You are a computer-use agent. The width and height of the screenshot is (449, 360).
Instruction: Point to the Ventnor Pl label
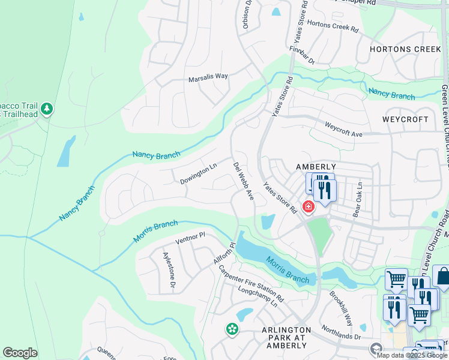190,241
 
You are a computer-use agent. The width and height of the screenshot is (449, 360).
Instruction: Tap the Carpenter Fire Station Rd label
251,283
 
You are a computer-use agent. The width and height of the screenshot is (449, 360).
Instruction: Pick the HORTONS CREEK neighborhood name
405,49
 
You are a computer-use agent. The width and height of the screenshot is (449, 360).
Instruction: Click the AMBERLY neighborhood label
315,166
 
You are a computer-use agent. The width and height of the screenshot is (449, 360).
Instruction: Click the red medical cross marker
309,207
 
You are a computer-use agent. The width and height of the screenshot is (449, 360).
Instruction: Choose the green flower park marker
231,329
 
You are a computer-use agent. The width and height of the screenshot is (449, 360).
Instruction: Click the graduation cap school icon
376,349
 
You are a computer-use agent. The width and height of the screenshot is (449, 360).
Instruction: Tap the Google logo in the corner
20,353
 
